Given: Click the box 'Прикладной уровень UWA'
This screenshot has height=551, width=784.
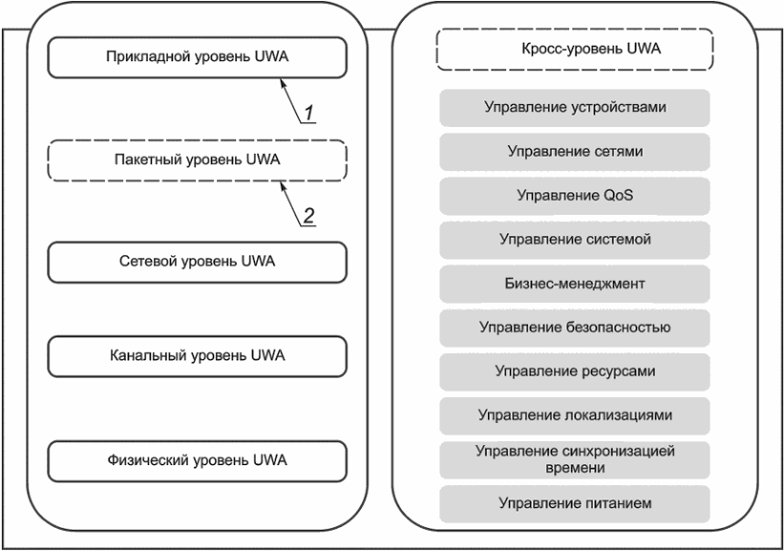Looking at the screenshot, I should point(197,59).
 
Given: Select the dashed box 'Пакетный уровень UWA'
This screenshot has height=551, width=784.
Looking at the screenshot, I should point(197,159).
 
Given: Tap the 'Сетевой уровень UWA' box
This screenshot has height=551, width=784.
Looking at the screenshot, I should point(197,262).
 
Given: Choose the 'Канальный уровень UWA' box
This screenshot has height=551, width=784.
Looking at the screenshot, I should point(197,356).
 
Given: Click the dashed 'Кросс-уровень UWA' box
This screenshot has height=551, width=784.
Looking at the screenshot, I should point(575,50).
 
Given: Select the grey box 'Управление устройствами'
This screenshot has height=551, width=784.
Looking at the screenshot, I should point(575,108).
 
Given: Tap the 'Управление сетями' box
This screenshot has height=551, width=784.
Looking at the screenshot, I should point(575,152).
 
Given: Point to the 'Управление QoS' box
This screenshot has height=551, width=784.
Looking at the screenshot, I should point(575,196).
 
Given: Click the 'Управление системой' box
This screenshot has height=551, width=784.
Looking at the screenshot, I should point(575,240).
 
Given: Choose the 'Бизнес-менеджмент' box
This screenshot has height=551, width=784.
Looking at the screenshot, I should point(575,284).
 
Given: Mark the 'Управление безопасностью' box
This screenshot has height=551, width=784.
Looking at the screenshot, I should point(575,328).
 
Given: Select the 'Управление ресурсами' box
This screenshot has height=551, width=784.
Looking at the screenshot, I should point(575,371).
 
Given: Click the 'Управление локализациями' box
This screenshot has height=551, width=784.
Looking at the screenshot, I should point(575,415).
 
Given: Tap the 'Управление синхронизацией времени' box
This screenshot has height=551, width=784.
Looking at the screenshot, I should point(575,459).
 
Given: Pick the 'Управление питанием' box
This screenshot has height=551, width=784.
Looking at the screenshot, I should point(575,503).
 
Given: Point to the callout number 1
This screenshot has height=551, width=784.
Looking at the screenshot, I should point(309,114).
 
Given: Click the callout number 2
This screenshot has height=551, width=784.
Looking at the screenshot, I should point(308,216).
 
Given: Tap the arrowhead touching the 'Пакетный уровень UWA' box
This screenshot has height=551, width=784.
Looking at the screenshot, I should point(281,184).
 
